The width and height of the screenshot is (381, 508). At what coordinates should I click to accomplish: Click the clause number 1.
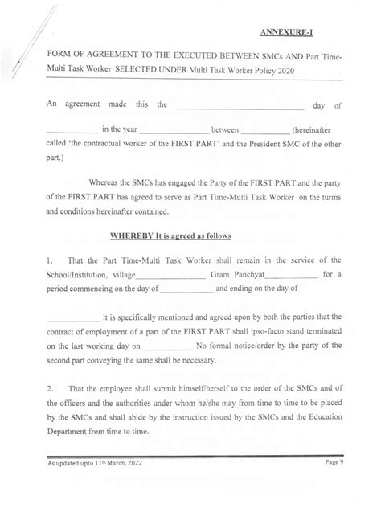tap(50, 260)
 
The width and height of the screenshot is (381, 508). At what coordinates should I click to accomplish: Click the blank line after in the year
tap(174, 131)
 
